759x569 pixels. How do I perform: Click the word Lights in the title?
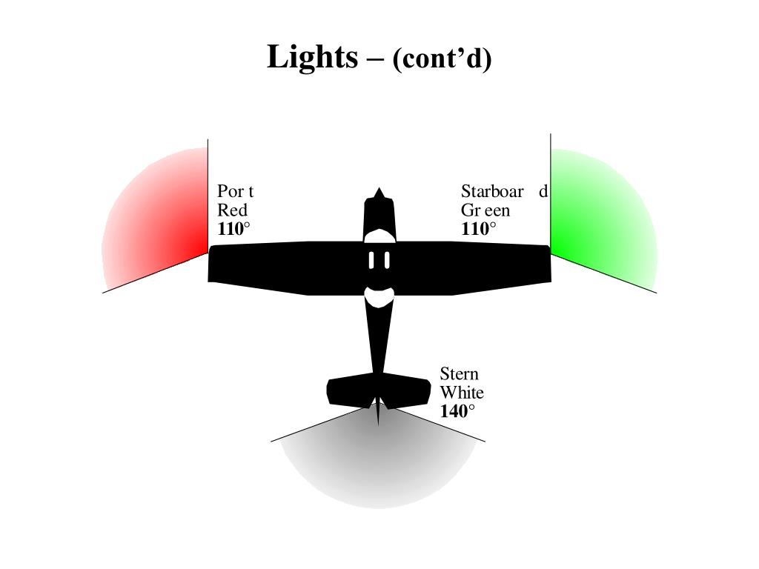(311, 56)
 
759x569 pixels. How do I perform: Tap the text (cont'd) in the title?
(442, 59)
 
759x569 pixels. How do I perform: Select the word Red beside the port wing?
(232, 210)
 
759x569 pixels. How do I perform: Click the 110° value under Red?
(233, 229)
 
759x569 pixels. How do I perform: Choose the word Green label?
(485, 210)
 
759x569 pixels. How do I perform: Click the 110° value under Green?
(477, 229)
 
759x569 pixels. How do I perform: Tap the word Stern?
(459, 373)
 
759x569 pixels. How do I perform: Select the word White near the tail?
(461, 392)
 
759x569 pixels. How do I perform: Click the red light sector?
(159, 222)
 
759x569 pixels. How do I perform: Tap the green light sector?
(600, 222)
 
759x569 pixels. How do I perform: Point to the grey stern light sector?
(378, 467)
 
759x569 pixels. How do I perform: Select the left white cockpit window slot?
(372, 260)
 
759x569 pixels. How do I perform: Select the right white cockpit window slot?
(386, 260)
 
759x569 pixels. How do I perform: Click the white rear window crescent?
(379, 298)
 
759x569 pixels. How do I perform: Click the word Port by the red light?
(235, 191)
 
